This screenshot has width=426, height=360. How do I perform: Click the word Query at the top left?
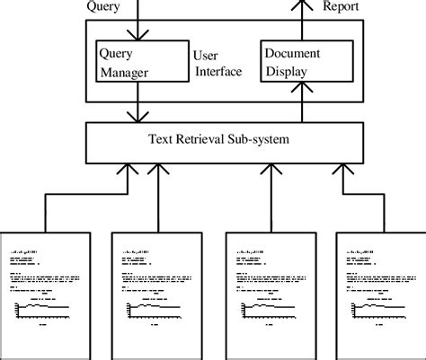pyautogui.click(x=104, y=8)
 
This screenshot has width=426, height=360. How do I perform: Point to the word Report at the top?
pyautogui.click(x=342, y=8)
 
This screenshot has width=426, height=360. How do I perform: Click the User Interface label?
pyautogui.click(x=218, y=63)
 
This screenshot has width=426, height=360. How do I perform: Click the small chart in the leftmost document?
pyautogui.click(x=43, y=311)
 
